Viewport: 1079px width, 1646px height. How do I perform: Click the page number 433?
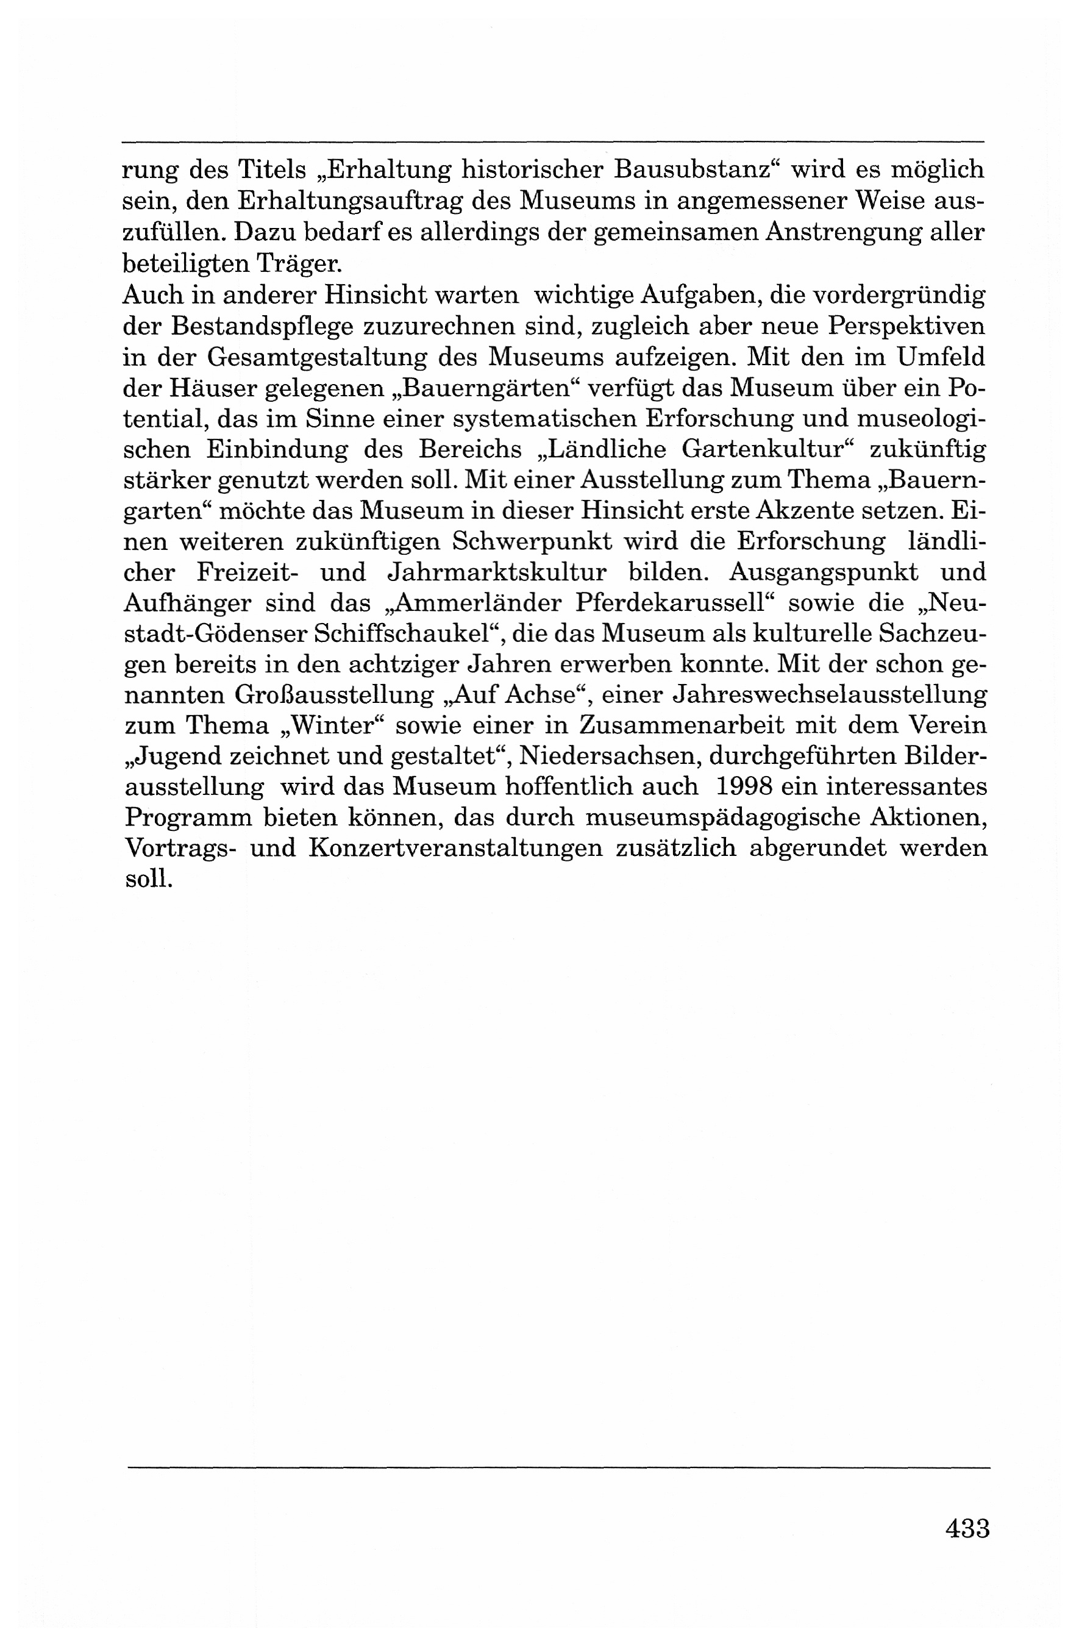coord(967,1528)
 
